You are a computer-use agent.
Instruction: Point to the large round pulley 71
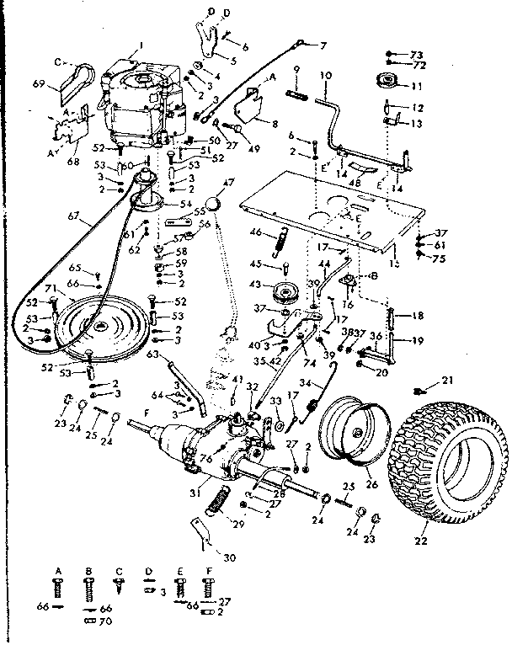click(101, 328)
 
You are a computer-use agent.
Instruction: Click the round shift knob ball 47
click(216, 205)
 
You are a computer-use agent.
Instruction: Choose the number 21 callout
click(447, 380)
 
